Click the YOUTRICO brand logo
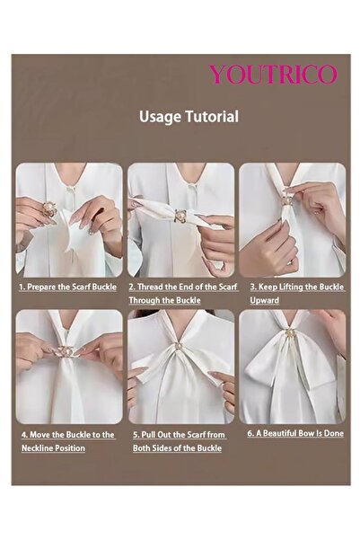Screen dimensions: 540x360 coord(273,75)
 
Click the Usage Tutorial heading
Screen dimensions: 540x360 coord(189,117)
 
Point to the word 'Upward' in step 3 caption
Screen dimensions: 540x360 coord(264,300)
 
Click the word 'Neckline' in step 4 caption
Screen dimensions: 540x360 coord(40,447)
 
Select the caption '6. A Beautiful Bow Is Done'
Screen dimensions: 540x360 coord(295,433)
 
